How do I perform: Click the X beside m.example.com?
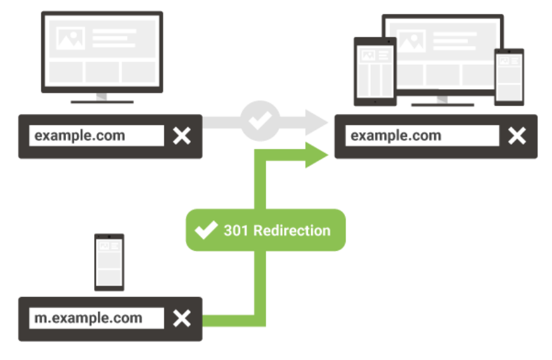point(182,319)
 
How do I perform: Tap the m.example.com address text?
point(88,318)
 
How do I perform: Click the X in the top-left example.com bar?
point(182,136)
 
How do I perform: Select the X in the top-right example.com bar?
point(517,136)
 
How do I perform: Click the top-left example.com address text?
point(80,136)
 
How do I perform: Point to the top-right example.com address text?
point(396,136)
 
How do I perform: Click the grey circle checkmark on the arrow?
point(260,120)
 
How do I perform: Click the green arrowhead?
point(316,154)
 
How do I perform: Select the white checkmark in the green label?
point(206,230)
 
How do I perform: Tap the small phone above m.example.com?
point(109,262)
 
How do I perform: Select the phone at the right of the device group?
point(509,77)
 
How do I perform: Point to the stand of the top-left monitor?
point(102,98)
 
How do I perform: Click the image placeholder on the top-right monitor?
point(412,41)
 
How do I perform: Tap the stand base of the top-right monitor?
point(443,104)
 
